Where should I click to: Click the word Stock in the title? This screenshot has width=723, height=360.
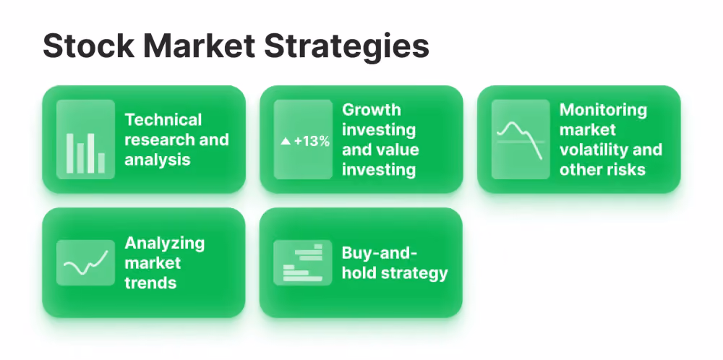point(88,46)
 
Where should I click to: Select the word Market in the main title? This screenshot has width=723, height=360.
point(200,46)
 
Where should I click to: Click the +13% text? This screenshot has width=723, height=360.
point(312,141)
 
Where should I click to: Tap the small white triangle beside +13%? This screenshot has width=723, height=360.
point(286,141)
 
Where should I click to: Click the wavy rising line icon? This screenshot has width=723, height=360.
point(86,262)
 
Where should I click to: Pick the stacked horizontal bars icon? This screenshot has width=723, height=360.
point(302,262)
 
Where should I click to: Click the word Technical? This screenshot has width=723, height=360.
point(163,120)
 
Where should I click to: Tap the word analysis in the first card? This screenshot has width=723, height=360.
point(157,160)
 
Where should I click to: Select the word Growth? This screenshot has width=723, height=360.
point(372,110)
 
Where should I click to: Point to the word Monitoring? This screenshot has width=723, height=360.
point(603,110)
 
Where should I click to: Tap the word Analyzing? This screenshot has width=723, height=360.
point(165,244)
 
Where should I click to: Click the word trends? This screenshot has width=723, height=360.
point(151,282)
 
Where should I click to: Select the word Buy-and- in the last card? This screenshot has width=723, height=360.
point(379,254)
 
